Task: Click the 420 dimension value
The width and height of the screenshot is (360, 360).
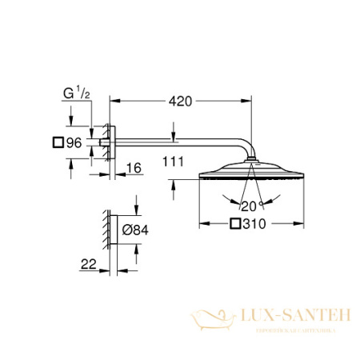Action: (183, 102)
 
